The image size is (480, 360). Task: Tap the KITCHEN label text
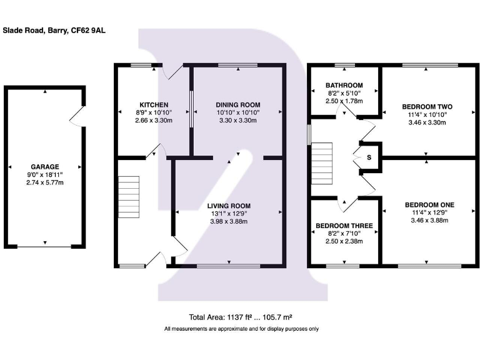pos(152,104)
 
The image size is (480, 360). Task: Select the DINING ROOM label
pos(237,104)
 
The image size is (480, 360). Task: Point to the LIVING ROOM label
pos(229,206)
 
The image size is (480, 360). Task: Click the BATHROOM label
pos(344,85)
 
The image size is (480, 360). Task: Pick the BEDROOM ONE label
pos(429,204)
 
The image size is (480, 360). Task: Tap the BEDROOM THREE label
pos(344,226)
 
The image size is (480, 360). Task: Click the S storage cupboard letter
pos(369,157)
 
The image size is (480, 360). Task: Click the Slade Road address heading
pos(54,29)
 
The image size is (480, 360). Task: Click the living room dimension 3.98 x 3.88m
pos(229,221)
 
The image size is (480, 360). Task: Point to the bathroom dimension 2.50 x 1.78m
pos(344,101)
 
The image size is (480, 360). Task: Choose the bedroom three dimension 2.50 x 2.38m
pos(344,241)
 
